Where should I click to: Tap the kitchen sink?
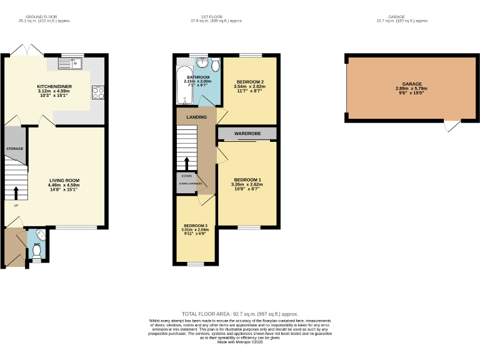tap(70, 62)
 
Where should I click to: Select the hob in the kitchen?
tap(97, 92)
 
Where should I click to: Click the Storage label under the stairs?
tap(14, 149)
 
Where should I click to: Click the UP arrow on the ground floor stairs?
tap(16, 192)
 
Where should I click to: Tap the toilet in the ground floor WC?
tap(36, 250)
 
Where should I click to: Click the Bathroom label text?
tap(197, 77)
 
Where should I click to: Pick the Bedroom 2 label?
tap(249, 82)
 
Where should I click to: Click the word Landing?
tap(196, 117)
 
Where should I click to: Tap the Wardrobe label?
tap(247, 134)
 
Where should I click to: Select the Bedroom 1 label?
tap(247, 180)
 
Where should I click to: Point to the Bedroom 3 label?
tap(195, 225)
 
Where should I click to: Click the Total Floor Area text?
tap(240, 314)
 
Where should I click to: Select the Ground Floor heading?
tap(44, 17)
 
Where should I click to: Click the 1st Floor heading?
tap(216, 17)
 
